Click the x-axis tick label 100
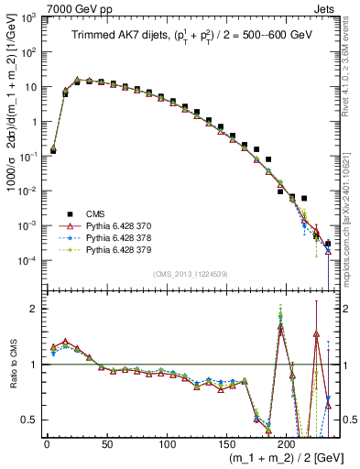[x=167, y=442]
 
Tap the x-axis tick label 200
[x=287, y=442]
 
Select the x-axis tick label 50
[x=106, y=442]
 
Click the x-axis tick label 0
[x=47, y=442]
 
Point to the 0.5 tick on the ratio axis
[x=30, y=420]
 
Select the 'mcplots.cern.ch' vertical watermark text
[x=352, y=192]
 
